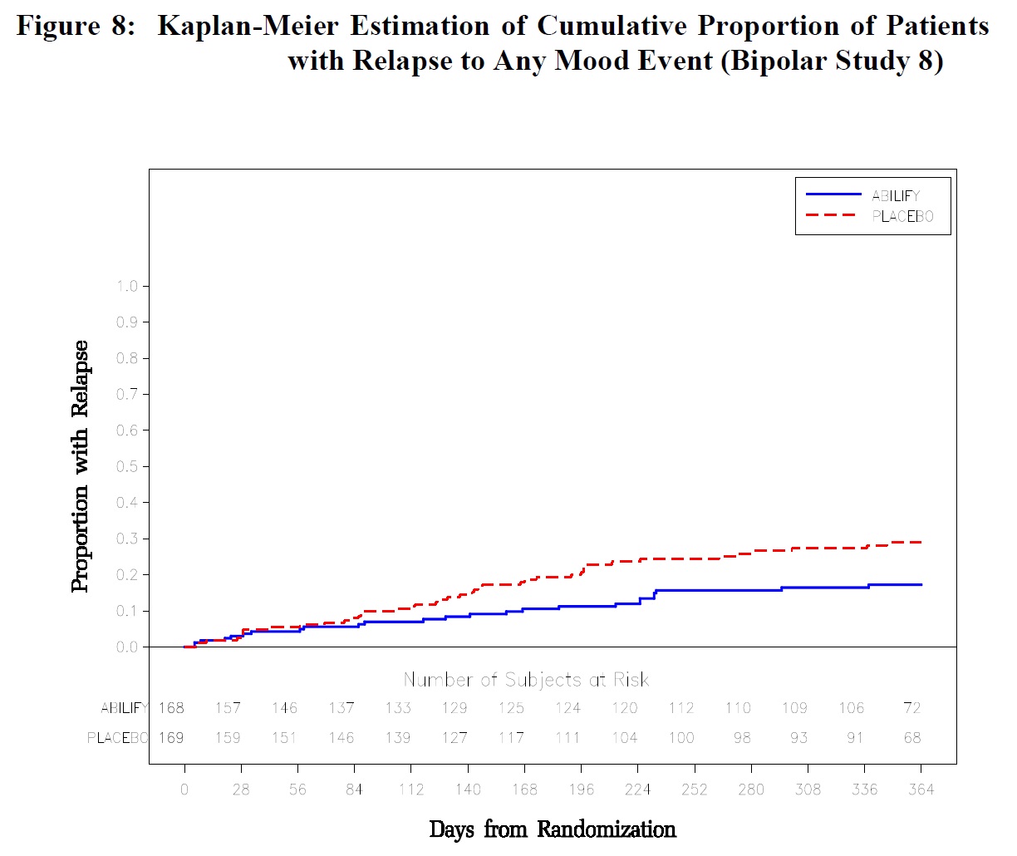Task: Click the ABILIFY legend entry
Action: [x=895, y=196]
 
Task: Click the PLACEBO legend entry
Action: [x=902, y=217]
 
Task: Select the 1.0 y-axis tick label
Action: [x=127, y=287]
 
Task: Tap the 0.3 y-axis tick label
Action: [x=127, y=539]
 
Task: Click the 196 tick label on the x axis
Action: [x=581, y=790]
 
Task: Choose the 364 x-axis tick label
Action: [x=921, y=790]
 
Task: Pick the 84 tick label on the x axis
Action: [x=354, y=790]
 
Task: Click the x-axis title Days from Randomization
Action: [x=553, y=829]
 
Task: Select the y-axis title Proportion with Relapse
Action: [x=80, y=466]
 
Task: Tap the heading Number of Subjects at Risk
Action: [x=526, y=680]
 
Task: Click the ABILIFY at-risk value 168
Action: [x=171, y=708]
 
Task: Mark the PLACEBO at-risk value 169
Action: [x=171, y=738]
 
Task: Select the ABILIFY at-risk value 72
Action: [x=912, y=708]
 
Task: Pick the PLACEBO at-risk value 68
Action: [x=912, y=738]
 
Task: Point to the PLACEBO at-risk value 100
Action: [x=681, y=738]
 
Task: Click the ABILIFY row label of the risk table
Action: [x=124, y=708]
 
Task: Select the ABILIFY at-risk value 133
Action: [x=398, y=708]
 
